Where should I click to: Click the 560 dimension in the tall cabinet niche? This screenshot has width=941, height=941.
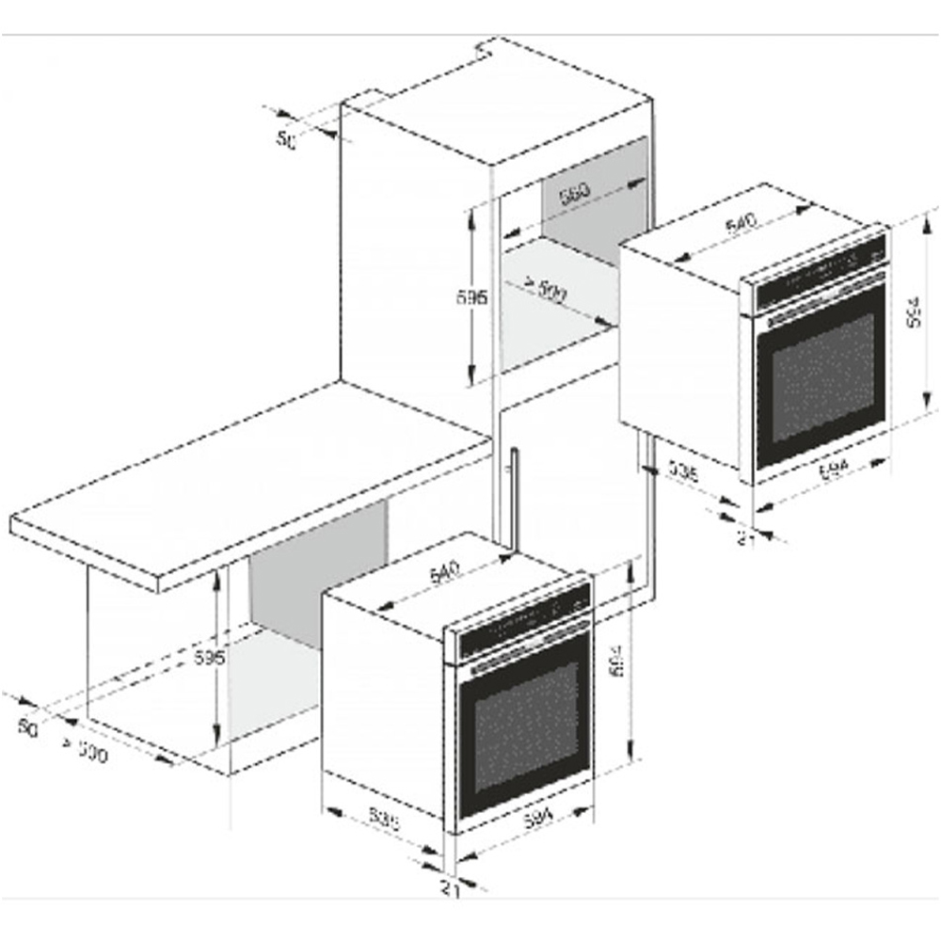574,196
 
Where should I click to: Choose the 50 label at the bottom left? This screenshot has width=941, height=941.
28,727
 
